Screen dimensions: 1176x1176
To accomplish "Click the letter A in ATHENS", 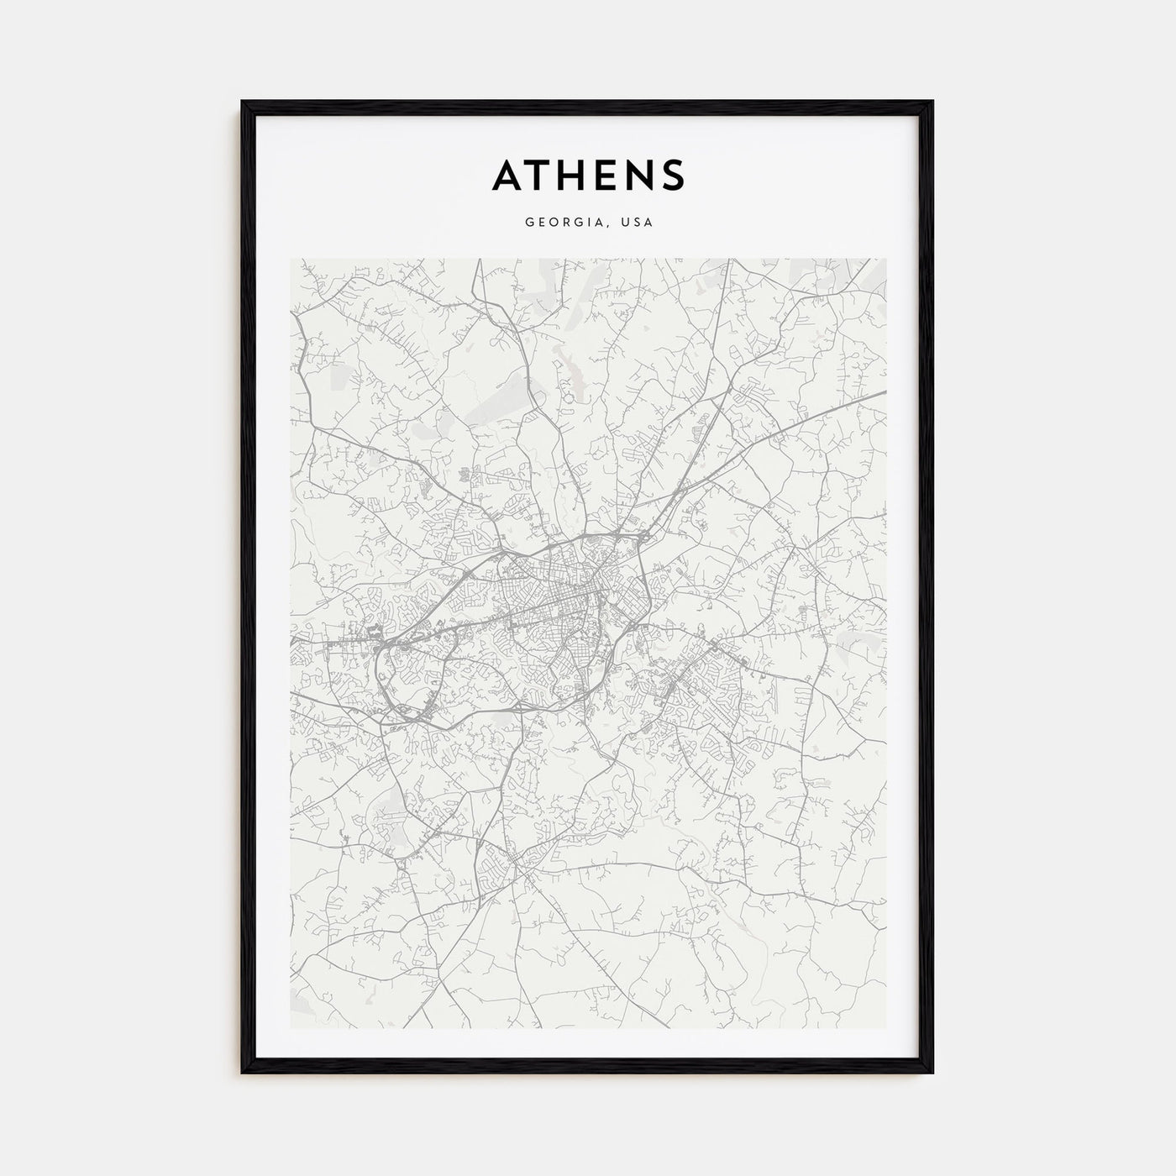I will (507, 175).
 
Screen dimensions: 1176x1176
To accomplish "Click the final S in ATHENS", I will (675, 175).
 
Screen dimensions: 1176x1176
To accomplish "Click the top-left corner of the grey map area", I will (291, 260).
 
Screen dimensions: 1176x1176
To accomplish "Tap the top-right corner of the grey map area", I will (885, 260).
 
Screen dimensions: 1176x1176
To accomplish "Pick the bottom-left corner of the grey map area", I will (291, 1028).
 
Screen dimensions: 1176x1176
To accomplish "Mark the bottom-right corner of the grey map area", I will (885, 1028).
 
